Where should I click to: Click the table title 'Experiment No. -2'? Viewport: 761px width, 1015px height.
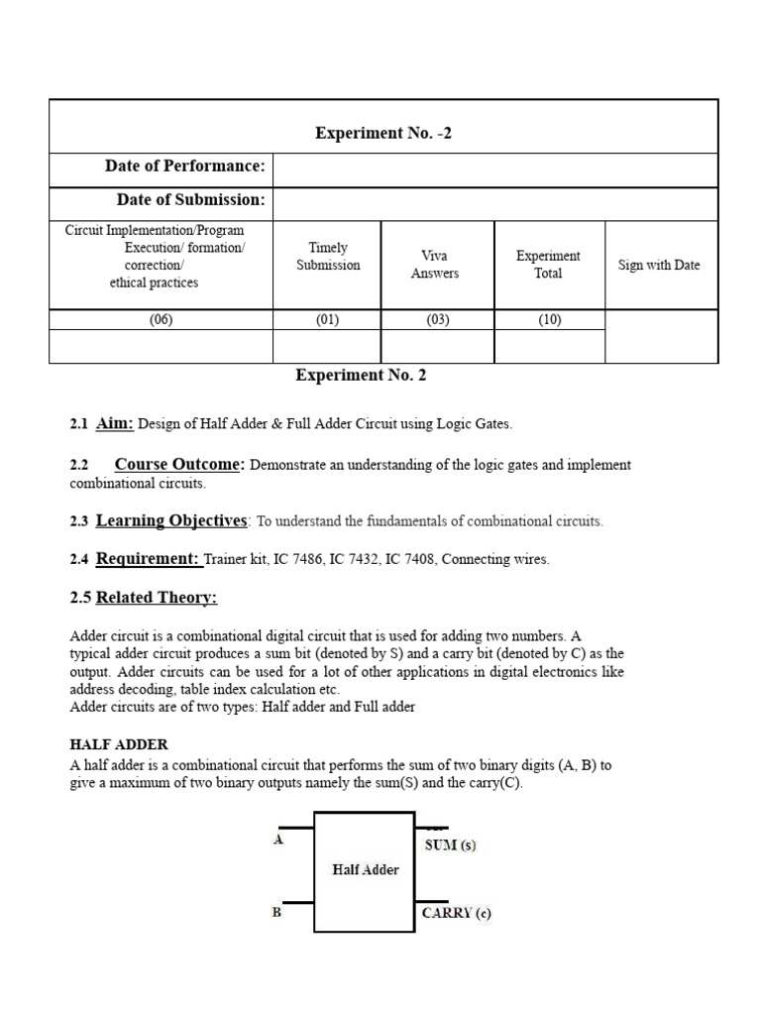pyautogui.click(x=382, y=133)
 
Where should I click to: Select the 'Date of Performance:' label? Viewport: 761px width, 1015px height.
pyautogui.click(x=184, y=166)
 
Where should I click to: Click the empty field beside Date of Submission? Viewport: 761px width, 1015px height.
pyautogui.click(x=494, y=203)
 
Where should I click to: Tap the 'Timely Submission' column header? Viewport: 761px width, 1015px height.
pyautogui.click(x=327, y=257)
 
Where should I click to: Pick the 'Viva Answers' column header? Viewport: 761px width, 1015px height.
pyautogui.click(x=434, y=265)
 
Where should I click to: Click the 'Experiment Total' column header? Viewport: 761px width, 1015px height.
pyautogui.click(x=548, y=265)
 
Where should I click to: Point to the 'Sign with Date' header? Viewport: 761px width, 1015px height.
pyautogui.click(x=659, y=265)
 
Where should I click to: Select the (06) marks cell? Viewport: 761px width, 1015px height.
pyautogui.click(x=161, y=320)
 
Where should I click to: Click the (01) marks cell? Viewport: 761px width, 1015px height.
pyautogui.click(x=327, y=320)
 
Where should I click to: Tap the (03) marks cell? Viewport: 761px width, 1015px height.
pyautogui.click(x=436, y=320)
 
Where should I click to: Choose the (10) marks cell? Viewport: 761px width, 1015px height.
pyautogui.click(x=549, y=320)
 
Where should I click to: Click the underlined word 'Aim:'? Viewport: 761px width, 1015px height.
pyautogui.click(x=115, y=423)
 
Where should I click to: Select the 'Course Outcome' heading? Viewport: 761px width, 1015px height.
pyautogui.click(x=178, y=464)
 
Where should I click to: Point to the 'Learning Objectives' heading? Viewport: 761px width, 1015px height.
pyautogui.click(x=171, y=520)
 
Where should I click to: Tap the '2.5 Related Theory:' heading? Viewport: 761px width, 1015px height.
pyautogui.click(x=144, y=598)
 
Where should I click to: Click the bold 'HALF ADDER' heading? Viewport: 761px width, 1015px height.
pyautogui.click(x=119, y=744)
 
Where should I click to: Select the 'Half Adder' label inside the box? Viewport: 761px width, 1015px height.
pyautogui.click(x=364, y=869)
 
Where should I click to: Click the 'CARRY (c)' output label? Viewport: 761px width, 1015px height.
pyautogui.click(x=456, y=913)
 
